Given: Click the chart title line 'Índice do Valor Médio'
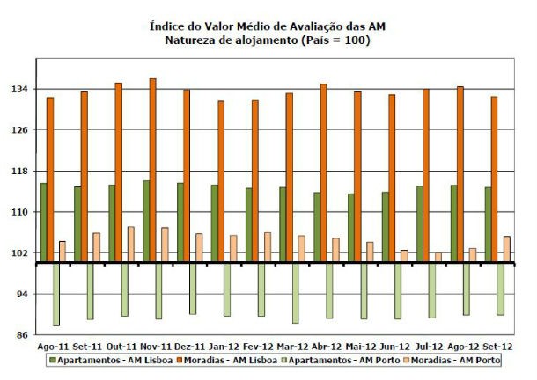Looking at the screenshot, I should pyautogui.click(x=268, y=27).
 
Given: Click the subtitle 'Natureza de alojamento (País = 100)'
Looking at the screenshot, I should pyautogui.click(x=268, y=40).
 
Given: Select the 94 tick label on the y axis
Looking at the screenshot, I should pyautogui.click(x=24, y=295).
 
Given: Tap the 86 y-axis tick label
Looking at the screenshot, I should pyautogui.click(x=24, y=336).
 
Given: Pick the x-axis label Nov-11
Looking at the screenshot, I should pyautogui.click(x=155, y=347).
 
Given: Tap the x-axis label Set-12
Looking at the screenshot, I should pyautogui.click(x=497, y=347).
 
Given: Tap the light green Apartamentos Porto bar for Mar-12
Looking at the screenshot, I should pyautogui.click(x=295, y=292).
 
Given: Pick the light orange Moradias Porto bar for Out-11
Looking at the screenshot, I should pyautogui.click(x=130, y=245).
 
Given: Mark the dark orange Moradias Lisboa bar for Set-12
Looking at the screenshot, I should pyautogui.click(x=495, y=179).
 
